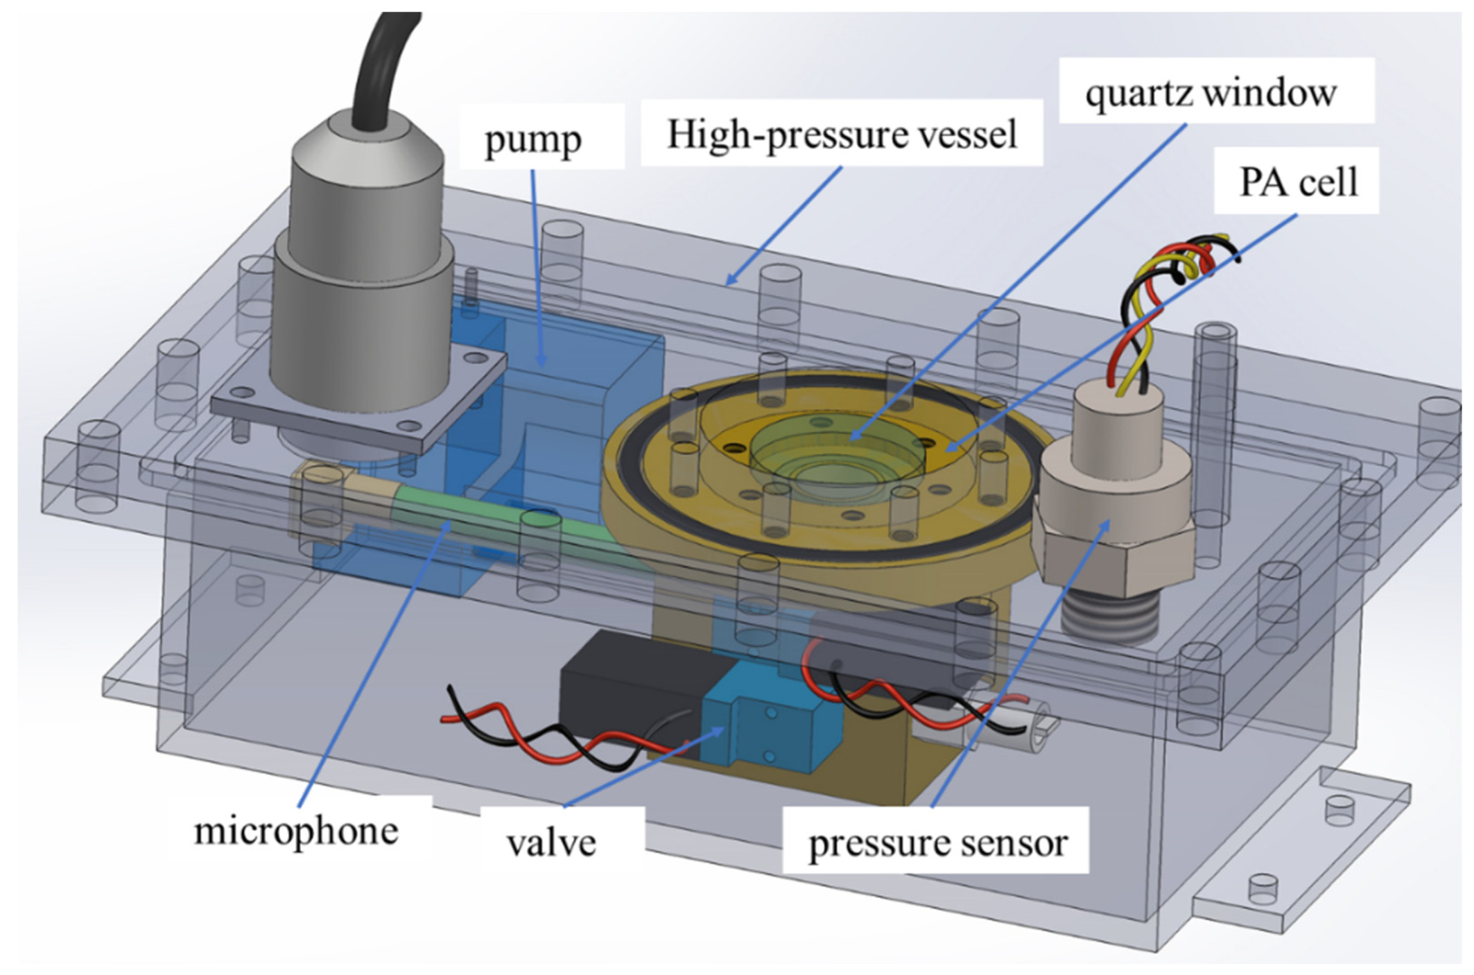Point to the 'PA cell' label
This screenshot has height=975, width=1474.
1298,183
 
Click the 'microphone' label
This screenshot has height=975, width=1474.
296,831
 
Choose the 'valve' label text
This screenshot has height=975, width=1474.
551,844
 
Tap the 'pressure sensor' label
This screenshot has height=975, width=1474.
937,844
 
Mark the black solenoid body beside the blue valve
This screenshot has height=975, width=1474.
628,690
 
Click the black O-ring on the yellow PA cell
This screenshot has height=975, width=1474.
634,473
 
